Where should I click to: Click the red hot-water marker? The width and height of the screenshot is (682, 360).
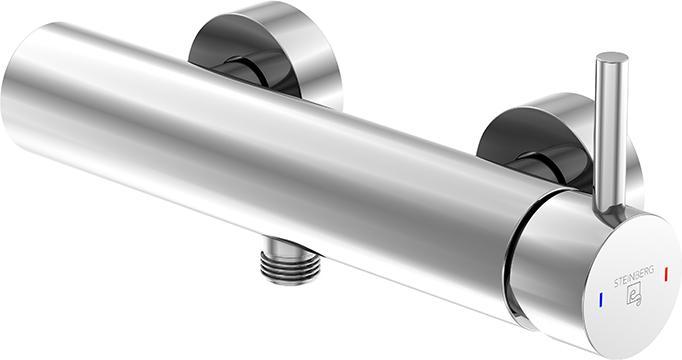[666, 273]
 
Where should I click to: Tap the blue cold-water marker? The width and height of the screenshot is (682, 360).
[601, 299]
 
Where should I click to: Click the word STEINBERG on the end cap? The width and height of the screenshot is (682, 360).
[634, 277]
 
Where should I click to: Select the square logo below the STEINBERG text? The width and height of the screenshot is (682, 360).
[634, 297]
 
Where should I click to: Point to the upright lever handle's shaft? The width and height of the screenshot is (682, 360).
[610, 135]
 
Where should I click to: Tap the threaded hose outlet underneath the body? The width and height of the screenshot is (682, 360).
[291, 267]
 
